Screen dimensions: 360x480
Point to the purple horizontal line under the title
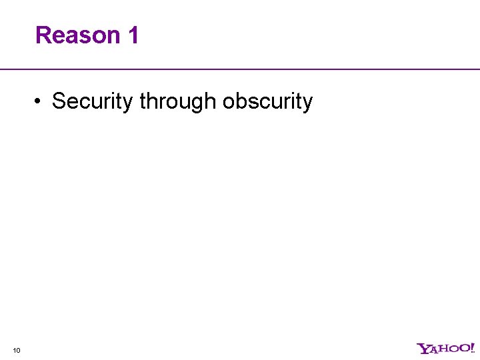point(240,69)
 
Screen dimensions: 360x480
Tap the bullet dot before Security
point(41,102)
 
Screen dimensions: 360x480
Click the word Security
point(93,101)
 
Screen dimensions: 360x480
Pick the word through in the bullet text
point(178,101)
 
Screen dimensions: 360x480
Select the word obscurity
point(267,101)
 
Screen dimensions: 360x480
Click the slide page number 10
point(16,349)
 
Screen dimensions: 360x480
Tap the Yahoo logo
point(445,348)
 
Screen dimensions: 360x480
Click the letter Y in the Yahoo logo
point(422,348)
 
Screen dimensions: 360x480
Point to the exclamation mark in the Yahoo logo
point(471,347)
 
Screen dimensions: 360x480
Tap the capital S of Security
point(59,101)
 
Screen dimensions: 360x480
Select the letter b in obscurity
point(240,101)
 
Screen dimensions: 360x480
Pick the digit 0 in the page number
point(18,349)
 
